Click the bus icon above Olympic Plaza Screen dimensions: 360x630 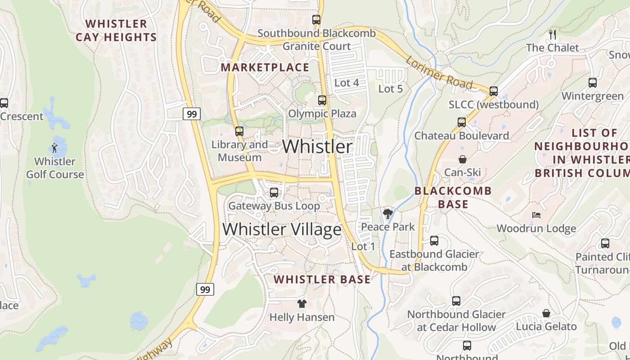pyautogui.click(x=322, y=100)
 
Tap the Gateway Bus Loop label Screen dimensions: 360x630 pyautogui.click(x=274, y=206)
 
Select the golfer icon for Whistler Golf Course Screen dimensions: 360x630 pyautogui.click(x=54, y=148)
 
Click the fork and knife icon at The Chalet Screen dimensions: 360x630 pyautogui.click(x=553, y=34)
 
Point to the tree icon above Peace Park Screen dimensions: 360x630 pyautogui.click(x=387, y=213)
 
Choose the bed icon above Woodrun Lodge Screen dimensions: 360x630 pyautogui.click(x=536, y=215)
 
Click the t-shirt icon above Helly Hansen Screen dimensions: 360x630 pyautogui.click(x=301, y=304)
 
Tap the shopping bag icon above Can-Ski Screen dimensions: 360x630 pyautogui.click(x=462, y=159)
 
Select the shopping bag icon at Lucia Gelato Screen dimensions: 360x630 pyautogui.click(x=546, y=313)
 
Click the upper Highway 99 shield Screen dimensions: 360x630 pyautogui.click(x=192, y=114)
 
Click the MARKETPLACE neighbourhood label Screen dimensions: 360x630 pyautogui.click(x=265, y=67)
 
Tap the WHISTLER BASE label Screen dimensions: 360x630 pyautogui.click(x=322, y=279)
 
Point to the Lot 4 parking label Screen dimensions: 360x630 pyautogui.click(x=346, y=83)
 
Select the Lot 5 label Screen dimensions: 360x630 pyautogui.click(x=390, y=89)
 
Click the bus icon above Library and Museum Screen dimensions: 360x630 pyautogui.click(x=239, y=131)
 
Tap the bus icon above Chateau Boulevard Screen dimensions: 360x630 pyautogui.click(x=461, y=122)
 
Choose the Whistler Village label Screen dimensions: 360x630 pyautogui.click(x=282, y=229)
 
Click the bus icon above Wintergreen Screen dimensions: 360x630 pyautogui.click(x=593, y=83)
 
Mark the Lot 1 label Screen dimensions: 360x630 pyautogui.click(x=363, y=247)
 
